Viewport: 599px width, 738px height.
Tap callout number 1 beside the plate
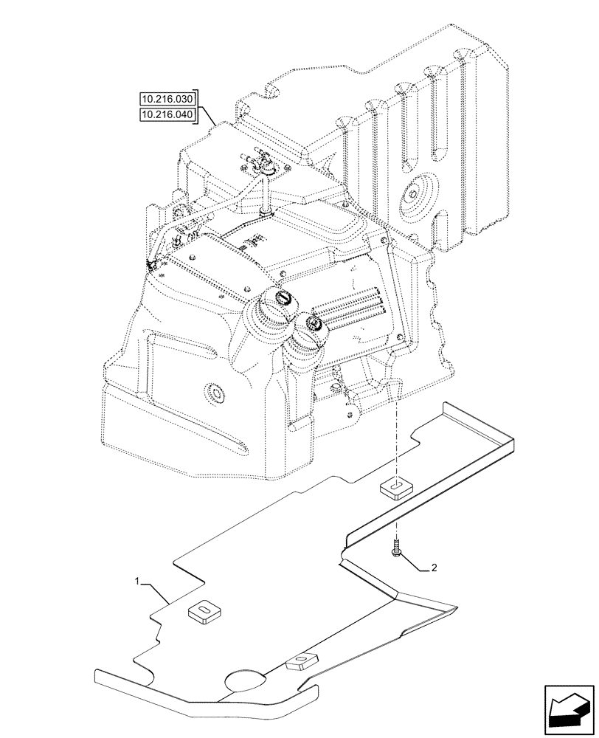pos(138,582)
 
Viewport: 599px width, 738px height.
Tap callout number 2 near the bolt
pos(434,568)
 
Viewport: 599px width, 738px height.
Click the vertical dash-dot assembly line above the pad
pos(396,443)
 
